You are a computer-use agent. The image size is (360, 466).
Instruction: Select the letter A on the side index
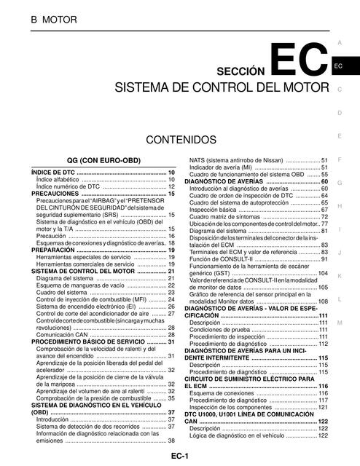coord(340,23)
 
